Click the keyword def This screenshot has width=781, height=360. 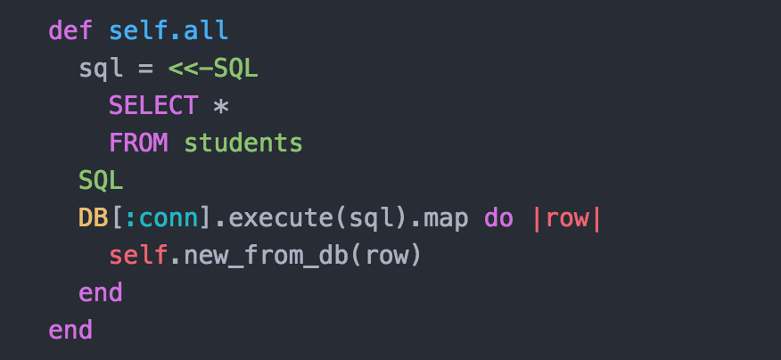pyautogui.click(x=70, y=30)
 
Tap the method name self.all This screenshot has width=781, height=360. pyautogui.click(x=169, y=30)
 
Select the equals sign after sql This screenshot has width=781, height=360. pyautogui.click(x=146, y=68)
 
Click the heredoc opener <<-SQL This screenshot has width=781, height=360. pyautogui.click(x=213, y=68)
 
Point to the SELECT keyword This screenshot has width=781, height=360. pyautogui.click(x=153, y=105)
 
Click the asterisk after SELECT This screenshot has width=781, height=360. pyautogui.click(x=221, y=106)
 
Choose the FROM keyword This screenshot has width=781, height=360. pyautogui.click(x=138, y=143)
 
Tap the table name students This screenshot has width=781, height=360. pyautogui.click(x=243, y=143)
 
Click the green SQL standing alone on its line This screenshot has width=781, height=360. pyautogui.click(x=101, y=180)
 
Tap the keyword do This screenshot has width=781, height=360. pyautogui.click(x=498, y=218)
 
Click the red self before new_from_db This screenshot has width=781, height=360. pyautogui.click(x=138, y=256)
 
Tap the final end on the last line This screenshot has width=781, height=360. pyautogui.click(x=70, y=331)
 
